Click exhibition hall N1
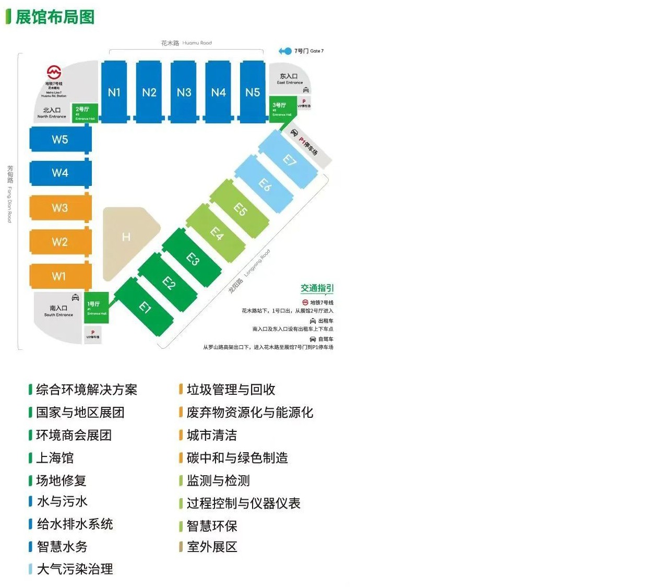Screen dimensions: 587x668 (x=114, y=92)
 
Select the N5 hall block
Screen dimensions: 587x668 (x=253, y=92)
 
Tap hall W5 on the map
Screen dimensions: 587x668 (x=60, y=139)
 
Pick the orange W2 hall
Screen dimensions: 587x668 (x=60, y=242)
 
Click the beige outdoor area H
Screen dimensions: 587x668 (x=127, y=238)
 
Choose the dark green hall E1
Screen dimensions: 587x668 (x=145, y=307)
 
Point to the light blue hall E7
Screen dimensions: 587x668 (x=289, y=160)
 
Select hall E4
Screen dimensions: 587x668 (x=217, y=233)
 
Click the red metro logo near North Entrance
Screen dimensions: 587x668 (x=54, y=72)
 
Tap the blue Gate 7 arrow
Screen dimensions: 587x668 (x=285, y=51)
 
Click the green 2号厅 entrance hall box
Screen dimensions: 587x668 (x=85, y=112)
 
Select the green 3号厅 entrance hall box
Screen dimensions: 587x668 (x=282, y=109)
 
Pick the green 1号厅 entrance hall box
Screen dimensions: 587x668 (x=97, y=308)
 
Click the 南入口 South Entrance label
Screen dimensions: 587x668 (x=58, y=311)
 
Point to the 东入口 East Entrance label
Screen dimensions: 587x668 (x=289, y=79)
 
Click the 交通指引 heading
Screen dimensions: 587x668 (x=317, y=288)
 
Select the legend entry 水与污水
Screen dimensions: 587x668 (x=62, y=502)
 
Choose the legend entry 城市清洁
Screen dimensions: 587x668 (x=211, y=435)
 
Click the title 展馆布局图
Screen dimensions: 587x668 (x=55, y=17)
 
